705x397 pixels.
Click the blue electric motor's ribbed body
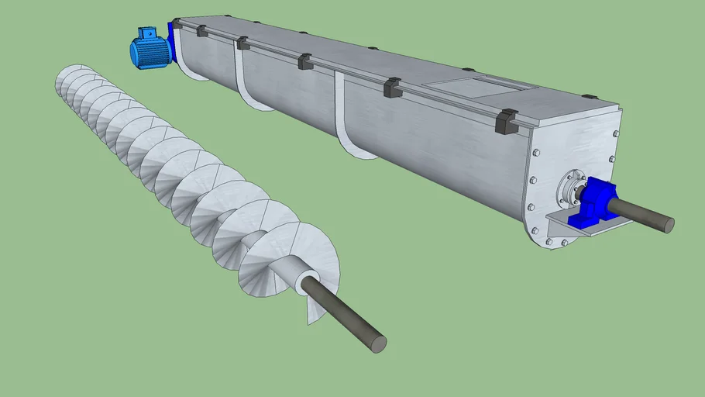(150, 53)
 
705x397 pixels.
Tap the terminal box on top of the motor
(146, 33)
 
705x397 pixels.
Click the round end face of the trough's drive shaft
(668, 225)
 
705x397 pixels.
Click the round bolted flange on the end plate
(571, 188)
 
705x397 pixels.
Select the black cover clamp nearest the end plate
(507, 121)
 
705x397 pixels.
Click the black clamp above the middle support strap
(304, 61)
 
